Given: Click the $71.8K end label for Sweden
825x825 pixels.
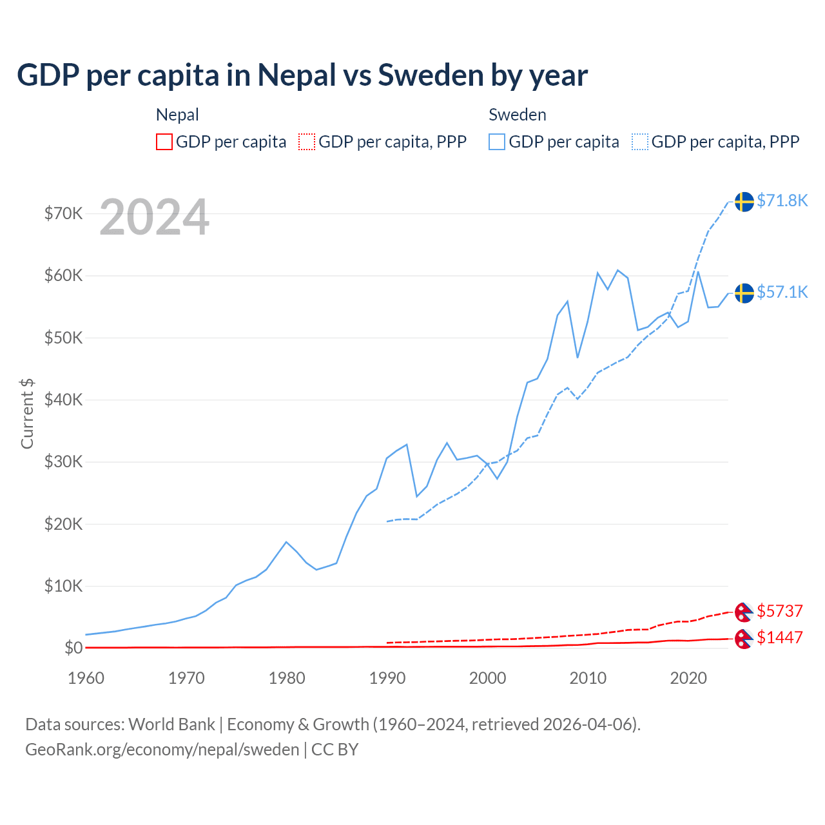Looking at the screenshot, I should coord(782,200).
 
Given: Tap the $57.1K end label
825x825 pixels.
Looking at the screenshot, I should coord(782,292).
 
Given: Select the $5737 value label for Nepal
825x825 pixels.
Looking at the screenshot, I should coord(779,610).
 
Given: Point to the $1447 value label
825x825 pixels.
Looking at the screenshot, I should coord(779,637).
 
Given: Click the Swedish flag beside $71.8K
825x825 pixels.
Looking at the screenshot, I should coord(744,202).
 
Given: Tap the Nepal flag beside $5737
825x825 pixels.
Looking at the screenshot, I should coord(744,612).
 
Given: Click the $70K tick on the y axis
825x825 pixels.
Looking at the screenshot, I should coord(63,213).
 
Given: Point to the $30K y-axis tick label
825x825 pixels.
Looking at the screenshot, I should coord(63,461).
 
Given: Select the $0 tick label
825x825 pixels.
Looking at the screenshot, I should coord(73,648).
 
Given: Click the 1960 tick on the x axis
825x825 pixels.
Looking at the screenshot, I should coord(86,678).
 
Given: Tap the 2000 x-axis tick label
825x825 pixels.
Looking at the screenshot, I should coord(487,678).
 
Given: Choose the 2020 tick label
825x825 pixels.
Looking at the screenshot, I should coord(688,678).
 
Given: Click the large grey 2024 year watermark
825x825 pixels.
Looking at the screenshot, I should coord(154,217).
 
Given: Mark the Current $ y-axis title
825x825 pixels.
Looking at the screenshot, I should coord(27,414).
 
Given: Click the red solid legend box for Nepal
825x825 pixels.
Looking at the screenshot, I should coord(164,142).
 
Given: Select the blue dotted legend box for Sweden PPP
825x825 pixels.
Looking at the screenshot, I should coord(640,142).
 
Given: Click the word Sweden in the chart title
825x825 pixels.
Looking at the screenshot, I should coord(430,75).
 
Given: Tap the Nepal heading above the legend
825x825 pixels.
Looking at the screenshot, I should coord(177,115).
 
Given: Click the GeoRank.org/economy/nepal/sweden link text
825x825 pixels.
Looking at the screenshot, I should coord(162,750).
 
